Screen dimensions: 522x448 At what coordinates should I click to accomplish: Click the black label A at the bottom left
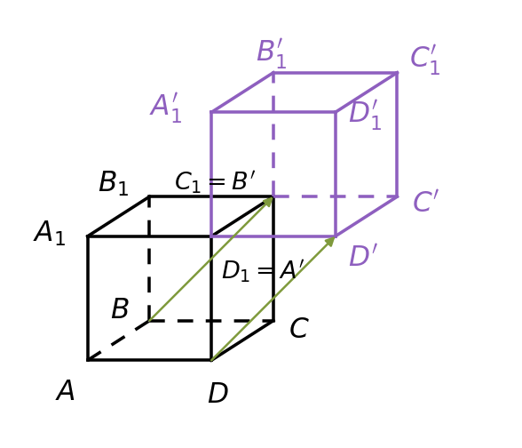point(66,390)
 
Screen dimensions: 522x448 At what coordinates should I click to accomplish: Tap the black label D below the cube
point(218,393)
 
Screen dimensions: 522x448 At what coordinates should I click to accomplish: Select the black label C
point(299,328)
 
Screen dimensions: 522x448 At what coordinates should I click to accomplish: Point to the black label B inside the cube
point(120,308)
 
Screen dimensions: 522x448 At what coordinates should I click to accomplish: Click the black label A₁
point(50,232)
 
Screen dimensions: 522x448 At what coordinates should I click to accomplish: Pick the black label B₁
point(114,183)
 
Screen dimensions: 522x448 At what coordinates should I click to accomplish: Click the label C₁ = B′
point(215,181)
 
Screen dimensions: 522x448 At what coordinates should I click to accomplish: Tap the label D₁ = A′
point(263,270)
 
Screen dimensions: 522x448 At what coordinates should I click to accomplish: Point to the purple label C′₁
point(425,60)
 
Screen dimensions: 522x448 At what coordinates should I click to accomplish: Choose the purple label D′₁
point(365,115)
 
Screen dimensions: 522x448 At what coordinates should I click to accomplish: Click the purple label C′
point(426,201)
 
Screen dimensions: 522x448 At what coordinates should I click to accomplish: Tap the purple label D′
point(363,255)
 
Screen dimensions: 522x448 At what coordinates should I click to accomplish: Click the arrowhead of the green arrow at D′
point(330,242)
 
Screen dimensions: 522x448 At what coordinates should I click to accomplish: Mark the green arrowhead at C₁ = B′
point(268,202)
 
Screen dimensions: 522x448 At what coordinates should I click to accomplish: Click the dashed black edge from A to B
point(118,340)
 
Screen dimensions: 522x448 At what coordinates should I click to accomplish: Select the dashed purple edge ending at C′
point(336,196)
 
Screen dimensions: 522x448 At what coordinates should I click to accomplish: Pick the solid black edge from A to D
point(149,360)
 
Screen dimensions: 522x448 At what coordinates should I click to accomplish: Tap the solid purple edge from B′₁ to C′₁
point(336,72)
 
